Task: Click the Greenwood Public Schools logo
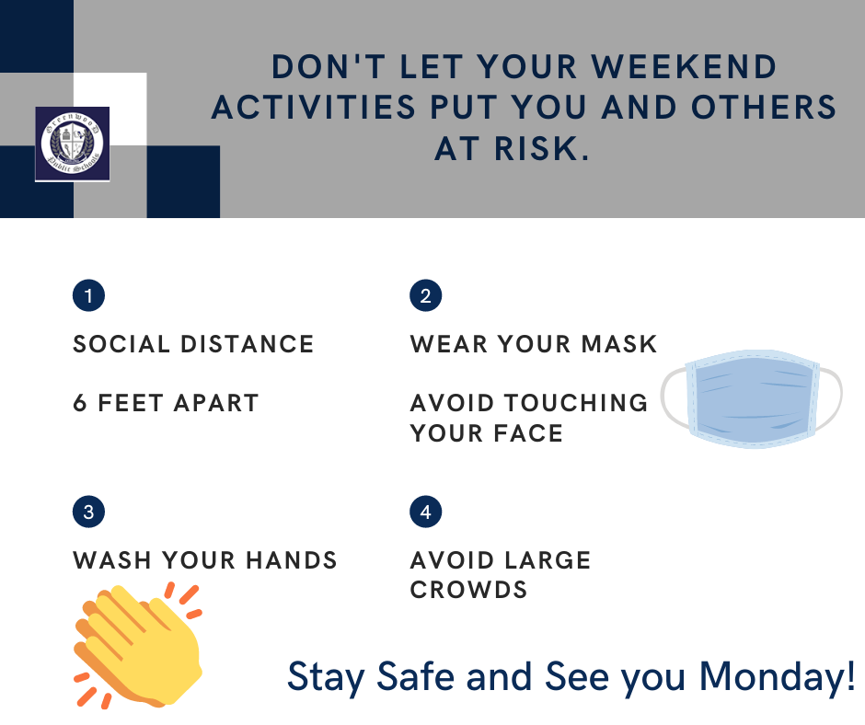pyautogui.click(x=73, y=144)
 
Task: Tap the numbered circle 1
pyautogui.click(x=89, y=295)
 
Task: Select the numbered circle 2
pyautogui.click(x=425, y=295)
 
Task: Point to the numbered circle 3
pyautogui.click(x=89, y=512)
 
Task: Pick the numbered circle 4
pyautogui.click(x=425, y=512)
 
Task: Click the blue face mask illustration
pyautogui.click(x=752, y=398)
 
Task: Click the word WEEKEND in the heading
pyautogui.click(x=684, y=67)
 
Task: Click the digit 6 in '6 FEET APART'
pyautogui.click(x=80, y=403)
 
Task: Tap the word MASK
pyautogui.click(x=619, y=344)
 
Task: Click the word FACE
pyautogui.click(x=528, y=433)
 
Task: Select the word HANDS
pyautogui.click(x=292, y=560)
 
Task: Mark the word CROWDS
pyautogui.click(x=469, y=590)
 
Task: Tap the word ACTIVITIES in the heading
pyautogui.click(x=314, y=108)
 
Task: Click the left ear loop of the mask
pyautogui.click(x=672, y=397)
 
